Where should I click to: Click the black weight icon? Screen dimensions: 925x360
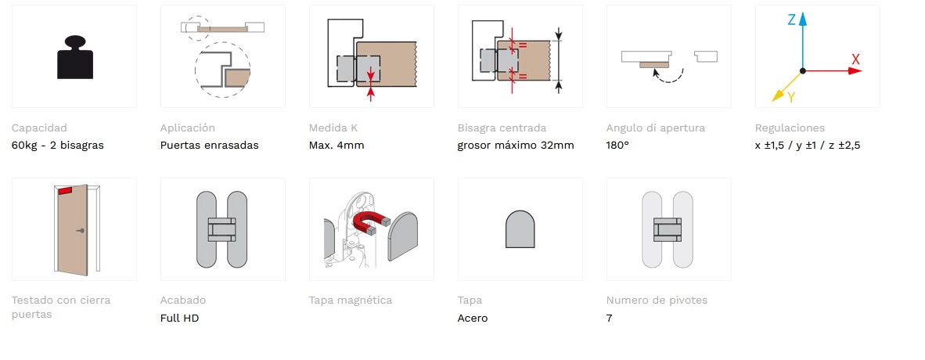pyautogui.click(x=75, y=57)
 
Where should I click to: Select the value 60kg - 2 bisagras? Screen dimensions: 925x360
pyautogui.click(x=58, y=146)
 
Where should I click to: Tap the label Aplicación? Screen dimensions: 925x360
pyautogui.click(x=188, y=128)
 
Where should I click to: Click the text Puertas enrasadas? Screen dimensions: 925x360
pyautogui.click(x=210, y=146)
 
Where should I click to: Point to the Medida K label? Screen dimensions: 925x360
pyautogui.click(x=333, y=128)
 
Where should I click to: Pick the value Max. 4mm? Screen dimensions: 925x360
pyautogui.click(x=337, y=146)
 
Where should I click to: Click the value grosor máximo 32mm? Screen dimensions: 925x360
pyautogui.click(x=516, y=146)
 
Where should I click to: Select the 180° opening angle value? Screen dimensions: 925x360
pyautogui.click(x=617, y=146)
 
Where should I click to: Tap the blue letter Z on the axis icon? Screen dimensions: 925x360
pyautogui.click(x=792, y=20)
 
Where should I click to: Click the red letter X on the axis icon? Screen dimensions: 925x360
pyautogui.click(x=855, y=59)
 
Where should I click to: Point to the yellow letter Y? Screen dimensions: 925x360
pyautogui.click(x=791, y=97)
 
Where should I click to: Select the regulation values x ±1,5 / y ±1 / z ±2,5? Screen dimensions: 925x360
pyautogui.click(x=808, y=146)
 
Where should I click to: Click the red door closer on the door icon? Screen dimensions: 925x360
pyautogui.click(x=65, y=191)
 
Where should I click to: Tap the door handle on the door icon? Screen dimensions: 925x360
pyautogui.click(x=81, y=231)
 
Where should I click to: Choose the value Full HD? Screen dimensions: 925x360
pyautogui.click(x=179, y=318)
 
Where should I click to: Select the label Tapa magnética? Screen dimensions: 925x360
pyautogui.click(x=351, y=301)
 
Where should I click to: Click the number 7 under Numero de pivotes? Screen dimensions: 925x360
pyautogui.click(x=610, y=318)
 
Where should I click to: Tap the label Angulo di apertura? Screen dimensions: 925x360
pyautogui.click(x=656, y=128)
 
